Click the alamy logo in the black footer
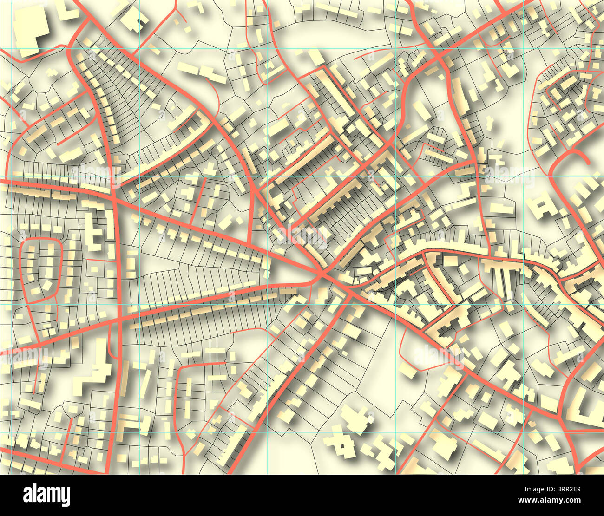coord(46,495)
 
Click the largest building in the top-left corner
coord(32,28)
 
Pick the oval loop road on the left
coord(42,269)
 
